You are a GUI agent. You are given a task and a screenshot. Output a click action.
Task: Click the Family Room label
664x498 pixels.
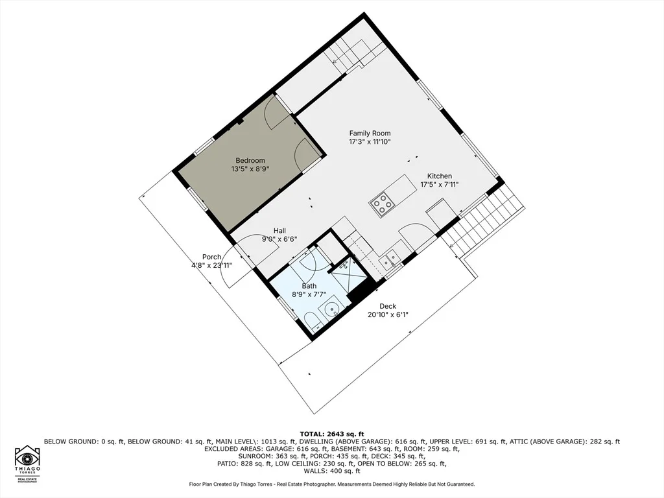pyautogui.click(x=370, y=133)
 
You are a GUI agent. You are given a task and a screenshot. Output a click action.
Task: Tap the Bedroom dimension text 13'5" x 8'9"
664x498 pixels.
pyautogui.click(x=250, y=169)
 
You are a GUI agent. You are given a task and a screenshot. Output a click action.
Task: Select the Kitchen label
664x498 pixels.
pyautogui.click(x=439, y=176)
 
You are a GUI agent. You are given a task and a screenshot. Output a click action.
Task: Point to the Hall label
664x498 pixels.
pyautogui.click(x=279, y=230)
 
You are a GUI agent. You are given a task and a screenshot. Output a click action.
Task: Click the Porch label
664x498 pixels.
pyautogui.click(x=212, y=257)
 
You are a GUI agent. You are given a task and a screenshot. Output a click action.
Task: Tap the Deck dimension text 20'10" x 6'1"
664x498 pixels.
pyautogui.click(x=388, y=314)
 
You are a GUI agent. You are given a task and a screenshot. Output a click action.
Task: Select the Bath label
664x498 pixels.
pyautogui.click(x=309, y=286)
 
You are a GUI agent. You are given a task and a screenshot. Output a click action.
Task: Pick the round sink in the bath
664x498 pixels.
pyautogui.click(x=331, y=309)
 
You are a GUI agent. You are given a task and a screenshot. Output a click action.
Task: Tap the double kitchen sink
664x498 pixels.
pyautogui.click(x=390, y=258)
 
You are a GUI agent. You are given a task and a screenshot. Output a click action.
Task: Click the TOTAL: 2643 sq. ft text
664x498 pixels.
pyautogui.click(x=332, y=434)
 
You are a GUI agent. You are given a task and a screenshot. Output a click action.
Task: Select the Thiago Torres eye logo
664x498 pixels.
pyautogui.click(x=28, y=459)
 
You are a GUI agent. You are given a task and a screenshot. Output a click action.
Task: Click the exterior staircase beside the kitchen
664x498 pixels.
pyautogui.click(x=482, y=221)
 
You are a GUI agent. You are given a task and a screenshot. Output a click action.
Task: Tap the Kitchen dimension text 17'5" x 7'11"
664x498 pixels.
pyautogui.click(x=439, y=184)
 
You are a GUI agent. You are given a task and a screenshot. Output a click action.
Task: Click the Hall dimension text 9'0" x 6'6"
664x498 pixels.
pyautogui.click(x=279, y=239)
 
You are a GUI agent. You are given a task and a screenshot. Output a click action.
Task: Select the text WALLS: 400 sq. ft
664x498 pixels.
pyautogui.click(x=332, y=471)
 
